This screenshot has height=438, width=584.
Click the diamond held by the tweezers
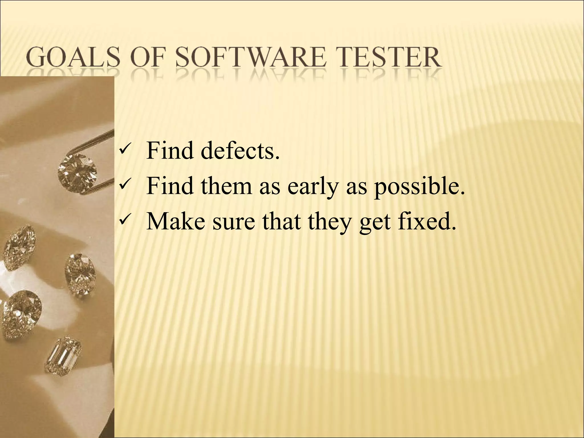(x=77, y=171)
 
